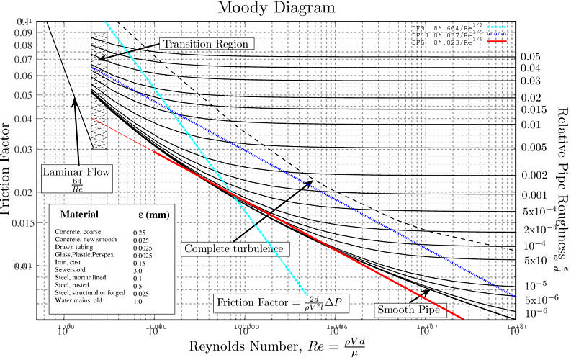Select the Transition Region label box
point(206,44)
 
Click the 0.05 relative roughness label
point(531,56)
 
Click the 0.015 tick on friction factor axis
point(36,222)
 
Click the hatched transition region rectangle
point(99,90)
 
